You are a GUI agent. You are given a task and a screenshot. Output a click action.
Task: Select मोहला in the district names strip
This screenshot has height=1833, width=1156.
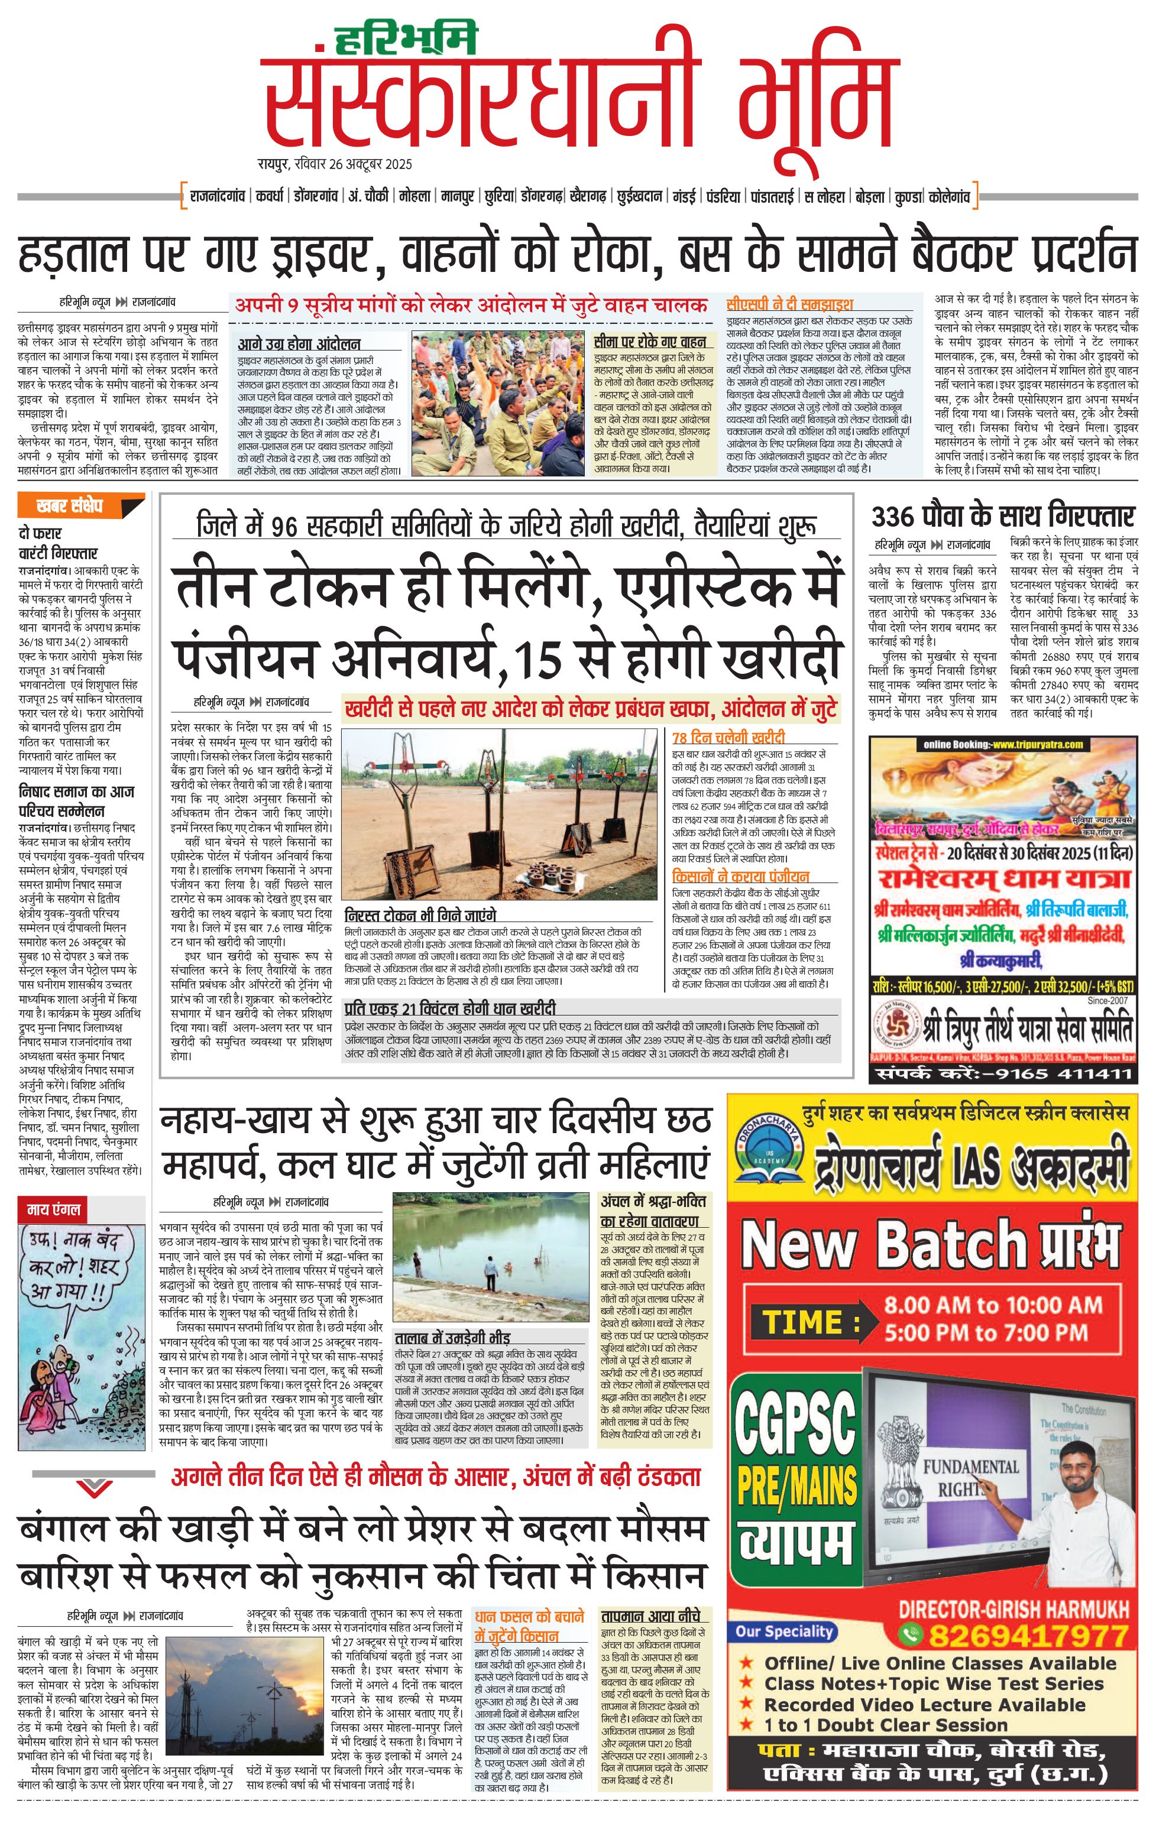coord(415,196)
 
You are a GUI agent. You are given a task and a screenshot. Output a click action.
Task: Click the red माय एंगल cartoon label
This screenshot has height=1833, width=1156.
coord(53,1209)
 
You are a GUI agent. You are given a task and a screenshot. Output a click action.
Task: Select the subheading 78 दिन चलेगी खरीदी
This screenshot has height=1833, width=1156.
coord(728,737)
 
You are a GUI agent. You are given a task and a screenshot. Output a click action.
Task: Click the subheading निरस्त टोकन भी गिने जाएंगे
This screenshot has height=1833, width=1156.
coord(420,915)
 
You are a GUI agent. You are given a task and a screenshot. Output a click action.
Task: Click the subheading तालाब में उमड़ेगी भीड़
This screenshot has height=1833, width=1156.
coord(452,1338)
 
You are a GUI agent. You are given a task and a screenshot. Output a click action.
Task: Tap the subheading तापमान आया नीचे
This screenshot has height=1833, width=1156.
coord(655,1616)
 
